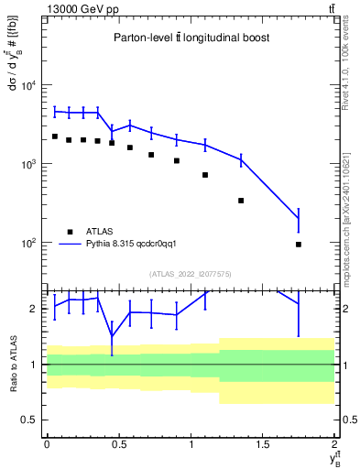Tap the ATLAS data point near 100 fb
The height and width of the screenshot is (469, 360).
[x=300, y=245]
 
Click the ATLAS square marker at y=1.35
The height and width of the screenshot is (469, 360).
[x=241, y=200]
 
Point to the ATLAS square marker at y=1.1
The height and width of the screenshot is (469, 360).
[x=205, y=174]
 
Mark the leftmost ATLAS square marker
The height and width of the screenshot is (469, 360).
[x=54, y=136]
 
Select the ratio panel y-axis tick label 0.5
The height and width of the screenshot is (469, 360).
[x=31, y=420]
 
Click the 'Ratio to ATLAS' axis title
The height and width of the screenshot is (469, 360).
[x=13, y=364]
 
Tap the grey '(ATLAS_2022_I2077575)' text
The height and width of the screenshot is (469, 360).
[x=191, y=273]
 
